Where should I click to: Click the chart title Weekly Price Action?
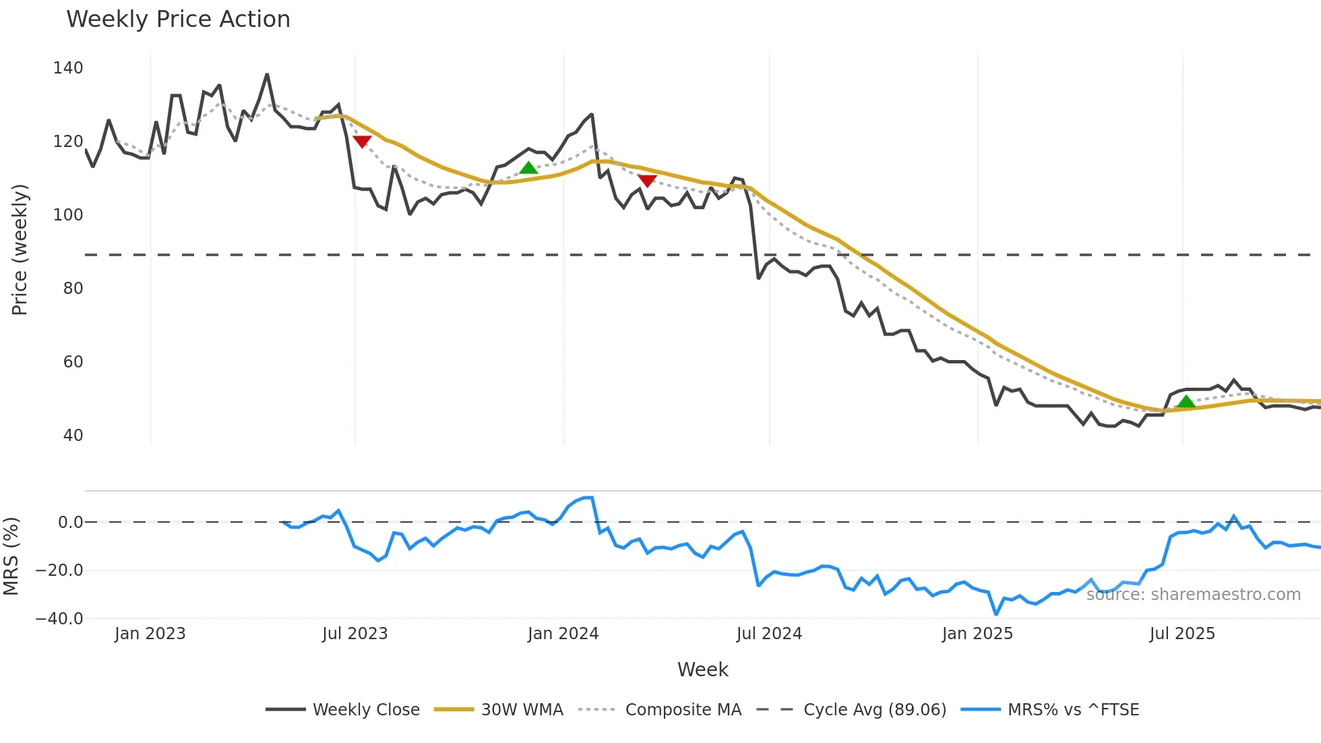point(178,20)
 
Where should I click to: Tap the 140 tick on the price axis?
point(68,68)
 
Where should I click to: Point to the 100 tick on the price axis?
point(68,215)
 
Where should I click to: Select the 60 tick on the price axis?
point(73,362)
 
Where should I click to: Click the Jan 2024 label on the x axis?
point(563,634)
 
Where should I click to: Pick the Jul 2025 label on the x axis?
point(1182,634)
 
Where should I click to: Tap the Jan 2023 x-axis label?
point(150,634)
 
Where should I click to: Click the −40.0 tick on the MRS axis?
point(59,618)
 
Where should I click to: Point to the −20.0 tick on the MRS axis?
point(59,570)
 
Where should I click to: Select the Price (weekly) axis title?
point(20,249)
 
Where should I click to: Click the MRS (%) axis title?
point(11,556)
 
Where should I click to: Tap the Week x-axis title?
point(702,670)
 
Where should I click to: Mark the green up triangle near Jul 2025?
point(1186,402)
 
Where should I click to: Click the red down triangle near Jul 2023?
point(362,142)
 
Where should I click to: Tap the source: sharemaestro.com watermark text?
point(1193,595)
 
